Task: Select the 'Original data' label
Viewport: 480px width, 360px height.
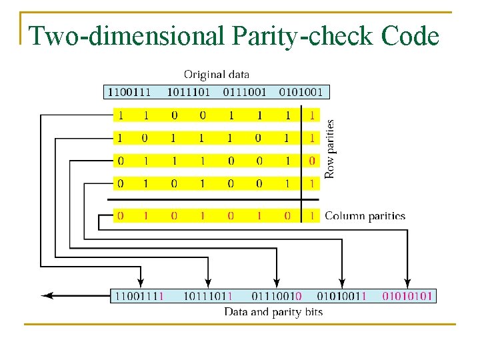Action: click(217, 75)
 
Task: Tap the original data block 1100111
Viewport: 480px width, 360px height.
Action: click(130, 92)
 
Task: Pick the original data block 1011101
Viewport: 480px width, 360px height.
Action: click(188, 92)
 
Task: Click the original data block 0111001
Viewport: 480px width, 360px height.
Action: click(245, 92)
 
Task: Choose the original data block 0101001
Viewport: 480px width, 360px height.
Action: click(301, 92)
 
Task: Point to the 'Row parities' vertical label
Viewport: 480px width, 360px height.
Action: click(330, 148)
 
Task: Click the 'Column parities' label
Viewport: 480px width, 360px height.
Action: click(365, 216)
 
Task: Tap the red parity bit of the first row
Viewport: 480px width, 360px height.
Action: click(311, 115)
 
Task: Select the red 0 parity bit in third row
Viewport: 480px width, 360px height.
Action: click(311, 161)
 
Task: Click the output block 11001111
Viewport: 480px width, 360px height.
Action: click(139, 295)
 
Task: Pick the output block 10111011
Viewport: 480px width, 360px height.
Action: click(208, 295)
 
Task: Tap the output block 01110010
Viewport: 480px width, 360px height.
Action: click(276, 295)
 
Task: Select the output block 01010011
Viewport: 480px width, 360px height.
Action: click(341, 295)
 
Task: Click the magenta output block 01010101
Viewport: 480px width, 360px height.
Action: click(407, 295)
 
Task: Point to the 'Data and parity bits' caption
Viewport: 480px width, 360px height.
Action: click(273, 312)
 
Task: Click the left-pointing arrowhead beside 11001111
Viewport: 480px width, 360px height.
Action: click(47, 295)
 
